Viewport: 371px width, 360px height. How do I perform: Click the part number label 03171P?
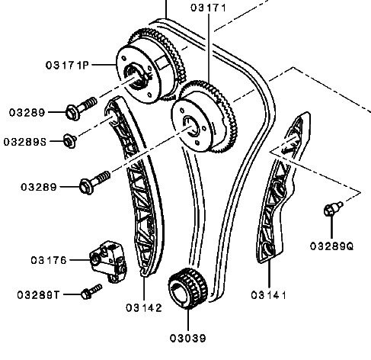[x=67, y=65]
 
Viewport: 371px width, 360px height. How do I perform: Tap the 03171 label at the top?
[x=208, y=8]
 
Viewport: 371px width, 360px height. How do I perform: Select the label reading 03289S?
[x=25, y=142]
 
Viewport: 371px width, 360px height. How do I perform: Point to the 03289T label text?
[x=38, y=295]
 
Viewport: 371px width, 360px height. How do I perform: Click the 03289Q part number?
[x=331, y=246]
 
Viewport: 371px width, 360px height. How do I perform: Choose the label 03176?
[x=49, y=260]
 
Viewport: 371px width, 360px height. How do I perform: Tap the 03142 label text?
[x=144, y=308]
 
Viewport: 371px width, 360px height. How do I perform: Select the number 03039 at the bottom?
[x=188, y=338]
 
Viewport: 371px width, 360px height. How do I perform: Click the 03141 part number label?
[x=269, y=295]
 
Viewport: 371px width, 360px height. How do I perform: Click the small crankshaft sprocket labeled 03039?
[x=187, y=288]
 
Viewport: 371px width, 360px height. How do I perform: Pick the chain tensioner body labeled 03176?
[x=109, y=262]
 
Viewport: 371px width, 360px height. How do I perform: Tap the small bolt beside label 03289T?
[x=91, y=292]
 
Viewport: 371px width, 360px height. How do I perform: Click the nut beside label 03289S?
[x=70, y=141]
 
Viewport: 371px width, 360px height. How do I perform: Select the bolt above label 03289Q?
[x=333, y=208]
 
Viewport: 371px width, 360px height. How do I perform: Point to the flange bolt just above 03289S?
[x=81, y=108]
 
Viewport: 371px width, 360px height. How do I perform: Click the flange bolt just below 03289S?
[x=94, y=182]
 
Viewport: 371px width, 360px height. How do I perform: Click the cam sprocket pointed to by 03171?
[x=204, y=117]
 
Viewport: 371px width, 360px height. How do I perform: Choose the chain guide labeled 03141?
[x=282, y=188]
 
